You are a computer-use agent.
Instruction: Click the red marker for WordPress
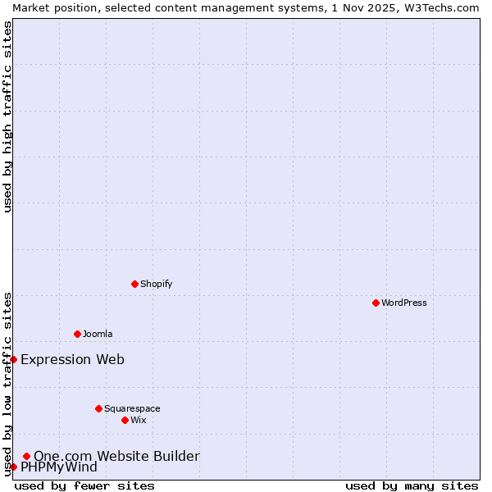[x=376, y=303]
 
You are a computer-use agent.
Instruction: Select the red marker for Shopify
[x=134, y=284]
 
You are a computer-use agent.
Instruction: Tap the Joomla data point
[x=77, y=334]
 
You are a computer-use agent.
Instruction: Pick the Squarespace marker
[x=98, y=408]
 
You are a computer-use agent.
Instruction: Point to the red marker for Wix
[x=125, y=420]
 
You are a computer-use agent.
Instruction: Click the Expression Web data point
[x=13, y=359]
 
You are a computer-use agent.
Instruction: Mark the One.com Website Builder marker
[x=26, y=456]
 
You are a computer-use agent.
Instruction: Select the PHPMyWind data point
[x=13, y=467]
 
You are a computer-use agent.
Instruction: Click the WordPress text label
[x=404, y=303]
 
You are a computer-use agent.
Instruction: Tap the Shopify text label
[x=156, y=284]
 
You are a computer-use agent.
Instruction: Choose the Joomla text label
[x=98, y=334]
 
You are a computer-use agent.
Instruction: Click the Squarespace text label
[x=132, y=408]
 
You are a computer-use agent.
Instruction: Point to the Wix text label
[x=139, y=420]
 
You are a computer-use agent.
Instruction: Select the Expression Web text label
[x=72, y=359]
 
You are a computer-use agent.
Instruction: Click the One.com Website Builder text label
[x=116, y=456]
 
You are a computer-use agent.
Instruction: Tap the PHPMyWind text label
[x=59, y=467]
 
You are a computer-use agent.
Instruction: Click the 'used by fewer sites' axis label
[x=84, y=485]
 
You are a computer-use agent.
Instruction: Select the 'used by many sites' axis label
[x=412, y=485]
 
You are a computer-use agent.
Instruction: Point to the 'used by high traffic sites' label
[x=7, y=116]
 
